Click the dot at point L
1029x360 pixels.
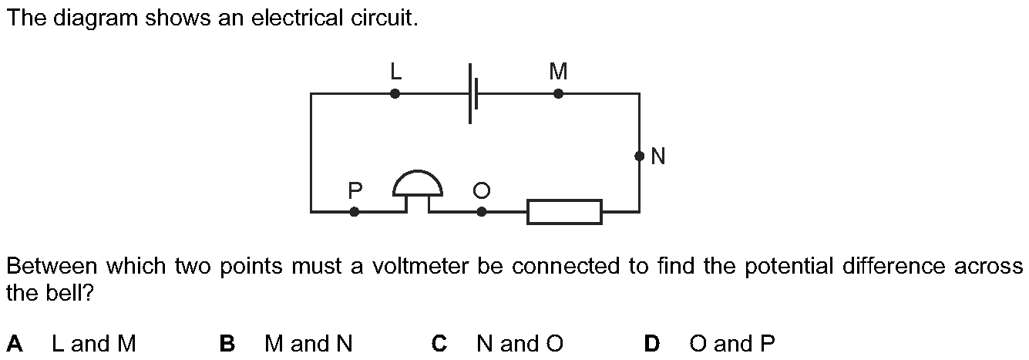[395, 94]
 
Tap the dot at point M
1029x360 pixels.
[558, 94]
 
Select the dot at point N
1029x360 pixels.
[639, 156]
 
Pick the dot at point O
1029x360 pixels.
[482, 211]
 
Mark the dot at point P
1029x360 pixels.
[355, 211]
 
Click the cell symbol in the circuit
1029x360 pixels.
[473, 94]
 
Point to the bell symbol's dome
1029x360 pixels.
[418, 183]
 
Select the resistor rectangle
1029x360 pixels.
[564, 211]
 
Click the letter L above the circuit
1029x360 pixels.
[395, 72]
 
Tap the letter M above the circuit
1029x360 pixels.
[558, 72]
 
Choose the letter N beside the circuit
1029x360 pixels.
[657, 157]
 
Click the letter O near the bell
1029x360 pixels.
[482, 190]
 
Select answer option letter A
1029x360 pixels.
[14, 343]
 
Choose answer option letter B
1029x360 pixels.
[227, 343]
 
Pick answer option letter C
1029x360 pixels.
[439, 343]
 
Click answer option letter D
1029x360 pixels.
[652, 343]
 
